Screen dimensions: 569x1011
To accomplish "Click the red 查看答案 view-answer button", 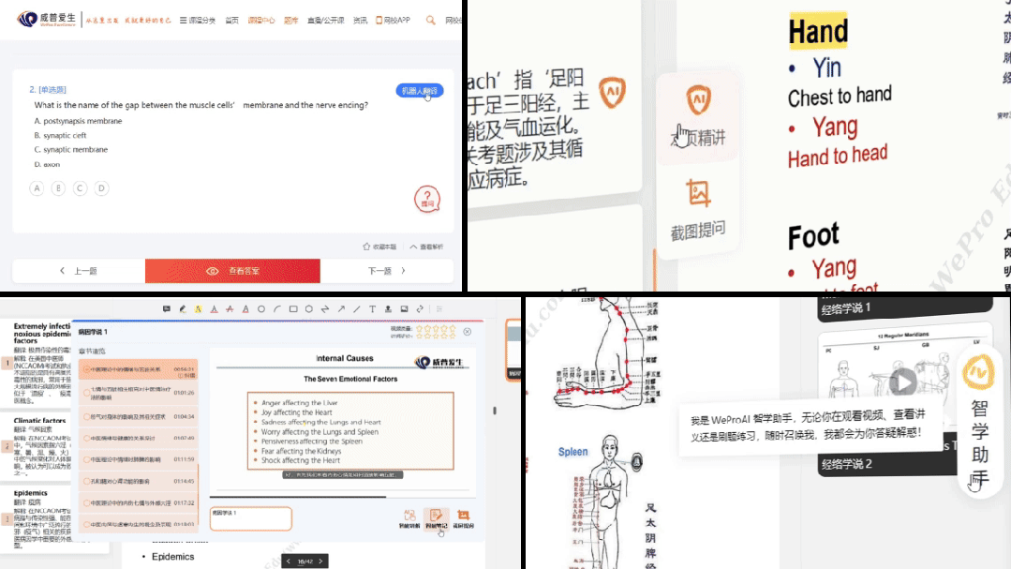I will [x=231, y=271].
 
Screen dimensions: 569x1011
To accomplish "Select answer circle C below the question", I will [x=81, y=188].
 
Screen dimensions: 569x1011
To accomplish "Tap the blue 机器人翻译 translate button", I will [x=419, y=91].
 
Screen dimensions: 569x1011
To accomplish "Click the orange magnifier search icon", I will [x=431, y=20].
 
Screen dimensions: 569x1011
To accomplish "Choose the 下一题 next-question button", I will [x=386, y=271].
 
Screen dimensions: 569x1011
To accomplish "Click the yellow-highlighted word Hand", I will [x=818, y=32].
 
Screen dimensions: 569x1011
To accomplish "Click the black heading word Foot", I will [x=813, y=236].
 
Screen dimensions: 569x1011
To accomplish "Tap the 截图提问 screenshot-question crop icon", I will [x=698, y=193].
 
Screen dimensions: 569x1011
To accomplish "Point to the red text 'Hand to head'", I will [x=838, y=157].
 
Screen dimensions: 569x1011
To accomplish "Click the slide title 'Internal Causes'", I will [x=345, y=358].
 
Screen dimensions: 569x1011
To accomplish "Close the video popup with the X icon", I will [x=468, y=332].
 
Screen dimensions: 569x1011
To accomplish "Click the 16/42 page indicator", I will [x=305, y=562].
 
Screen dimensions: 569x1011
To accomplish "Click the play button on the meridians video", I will [x=903, y=382].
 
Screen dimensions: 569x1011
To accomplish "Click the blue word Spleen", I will [x=572, y=451].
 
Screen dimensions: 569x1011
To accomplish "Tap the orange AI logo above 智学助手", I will [x=978, y=374].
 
